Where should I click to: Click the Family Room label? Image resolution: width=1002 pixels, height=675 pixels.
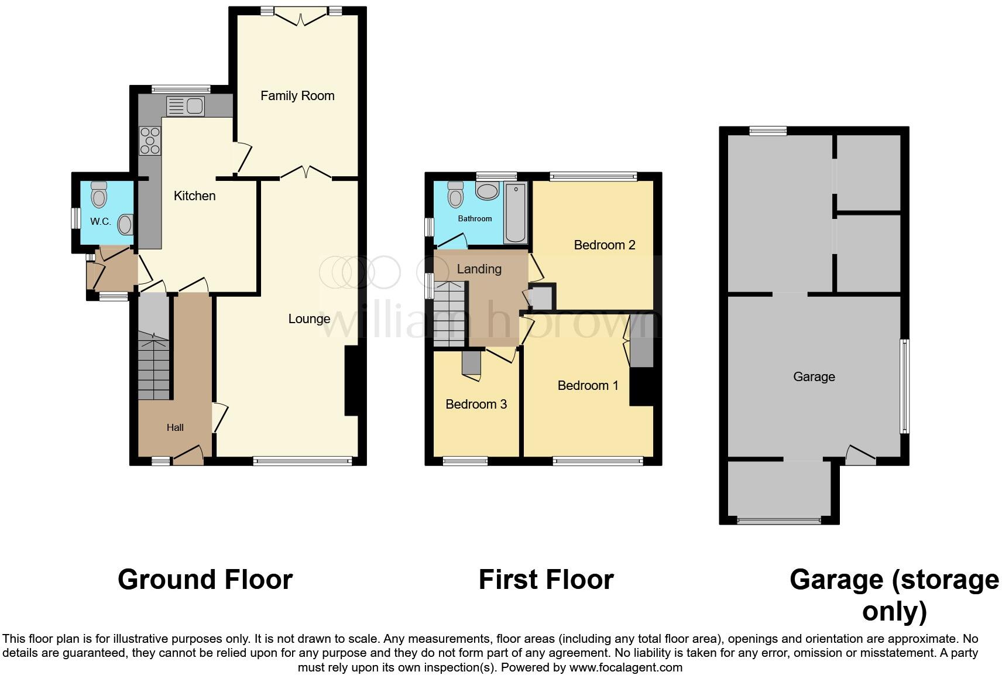[297, 95]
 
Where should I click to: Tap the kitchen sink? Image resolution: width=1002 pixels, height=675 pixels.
[186, 107]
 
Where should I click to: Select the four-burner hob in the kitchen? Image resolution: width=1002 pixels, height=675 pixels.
[150, 141]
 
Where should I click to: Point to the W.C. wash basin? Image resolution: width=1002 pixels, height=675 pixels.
[125, 224]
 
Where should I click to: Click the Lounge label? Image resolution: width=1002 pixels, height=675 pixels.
[309, 318]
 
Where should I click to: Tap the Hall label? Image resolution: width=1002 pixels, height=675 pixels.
[175, 427]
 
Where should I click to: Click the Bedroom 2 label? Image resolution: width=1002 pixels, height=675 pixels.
[605, 245]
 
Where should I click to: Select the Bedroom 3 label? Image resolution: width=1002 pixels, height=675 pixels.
[476, 404]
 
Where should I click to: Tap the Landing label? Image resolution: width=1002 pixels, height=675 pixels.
[479, 269]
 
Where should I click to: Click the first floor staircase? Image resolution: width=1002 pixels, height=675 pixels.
[449, 313]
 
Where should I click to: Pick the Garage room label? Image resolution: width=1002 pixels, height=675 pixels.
[814, 376]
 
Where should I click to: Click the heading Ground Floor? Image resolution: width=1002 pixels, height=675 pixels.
[205, 580]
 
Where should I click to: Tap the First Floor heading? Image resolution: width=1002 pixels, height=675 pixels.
[545, 580]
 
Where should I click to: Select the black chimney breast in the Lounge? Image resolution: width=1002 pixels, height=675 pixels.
[352, 381]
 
